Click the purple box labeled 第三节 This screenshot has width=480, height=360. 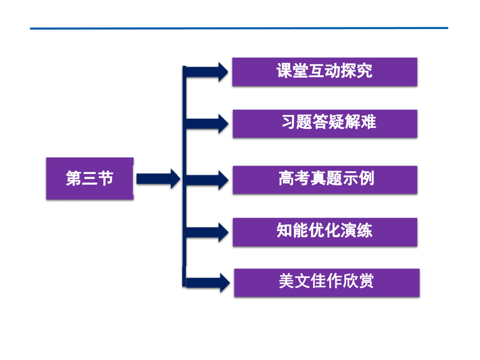(90, 179)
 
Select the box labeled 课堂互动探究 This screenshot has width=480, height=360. (325, 71)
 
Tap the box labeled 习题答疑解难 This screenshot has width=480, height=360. (325, 124)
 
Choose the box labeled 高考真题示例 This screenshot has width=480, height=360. (325, 180)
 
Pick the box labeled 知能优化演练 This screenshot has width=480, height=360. (325, 232)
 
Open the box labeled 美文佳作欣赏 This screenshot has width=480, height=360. (327, 282)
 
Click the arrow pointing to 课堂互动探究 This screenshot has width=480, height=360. (207, 72)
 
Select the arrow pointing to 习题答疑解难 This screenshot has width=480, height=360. (207, 124)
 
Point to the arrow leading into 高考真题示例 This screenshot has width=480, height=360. (207, 180)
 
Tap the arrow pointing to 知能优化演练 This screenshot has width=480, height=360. (207, 232)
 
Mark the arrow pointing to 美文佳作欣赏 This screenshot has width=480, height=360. (208, 282)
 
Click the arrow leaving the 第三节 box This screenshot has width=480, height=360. (159, 179)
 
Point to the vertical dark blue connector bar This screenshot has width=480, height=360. (184, 176)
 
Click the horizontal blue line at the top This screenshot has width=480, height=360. (239, 28)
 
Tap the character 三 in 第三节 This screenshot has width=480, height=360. (90, 178)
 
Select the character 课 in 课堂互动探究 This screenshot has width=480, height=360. (284, 71)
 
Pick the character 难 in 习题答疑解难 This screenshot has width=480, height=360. (368, 122)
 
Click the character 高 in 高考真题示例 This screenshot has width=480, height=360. (286, 178)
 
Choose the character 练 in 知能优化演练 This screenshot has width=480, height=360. (364, 230)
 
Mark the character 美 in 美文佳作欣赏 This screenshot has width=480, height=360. (286, 281)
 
